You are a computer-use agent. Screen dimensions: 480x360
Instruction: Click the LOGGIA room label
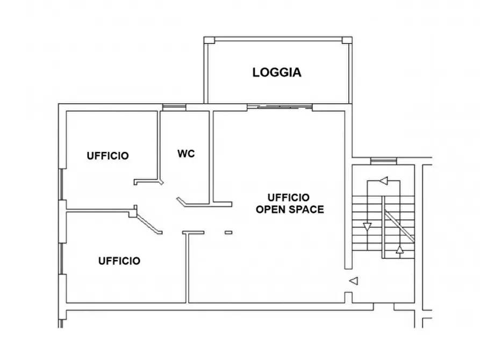[277, 73]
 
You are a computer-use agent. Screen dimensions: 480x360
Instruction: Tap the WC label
[186, 154]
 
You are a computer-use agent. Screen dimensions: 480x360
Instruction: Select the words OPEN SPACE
[290, 210]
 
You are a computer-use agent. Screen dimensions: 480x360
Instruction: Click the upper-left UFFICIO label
[108, 156]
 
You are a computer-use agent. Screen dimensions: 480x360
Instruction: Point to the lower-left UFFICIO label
[119, 261]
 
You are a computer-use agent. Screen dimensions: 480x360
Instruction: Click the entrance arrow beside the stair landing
[354, 280]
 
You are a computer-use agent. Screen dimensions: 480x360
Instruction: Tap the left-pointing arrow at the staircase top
[383, 181]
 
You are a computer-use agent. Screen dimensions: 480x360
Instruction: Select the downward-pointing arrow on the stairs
[367, 227]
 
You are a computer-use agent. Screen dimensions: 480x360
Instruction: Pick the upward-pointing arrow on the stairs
[399, 249]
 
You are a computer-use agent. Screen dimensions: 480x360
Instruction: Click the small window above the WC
[174, 107]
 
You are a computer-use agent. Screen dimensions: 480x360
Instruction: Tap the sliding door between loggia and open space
[280, 107]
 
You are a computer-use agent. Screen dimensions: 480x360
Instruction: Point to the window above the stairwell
[384, 161]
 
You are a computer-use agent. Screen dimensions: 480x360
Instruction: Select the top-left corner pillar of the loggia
[210, 40]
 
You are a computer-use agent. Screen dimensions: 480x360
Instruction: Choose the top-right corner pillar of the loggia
[347, 40]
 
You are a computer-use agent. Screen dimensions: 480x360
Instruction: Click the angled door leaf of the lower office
[149, 224]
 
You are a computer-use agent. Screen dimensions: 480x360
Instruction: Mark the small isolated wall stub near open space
[228, 233]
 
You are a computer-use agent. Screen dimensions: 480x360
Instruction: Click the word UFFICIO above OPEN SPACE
[288, 197]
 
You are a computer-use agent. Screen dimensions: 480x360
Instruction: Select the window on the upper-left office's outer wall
[61, 184]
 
